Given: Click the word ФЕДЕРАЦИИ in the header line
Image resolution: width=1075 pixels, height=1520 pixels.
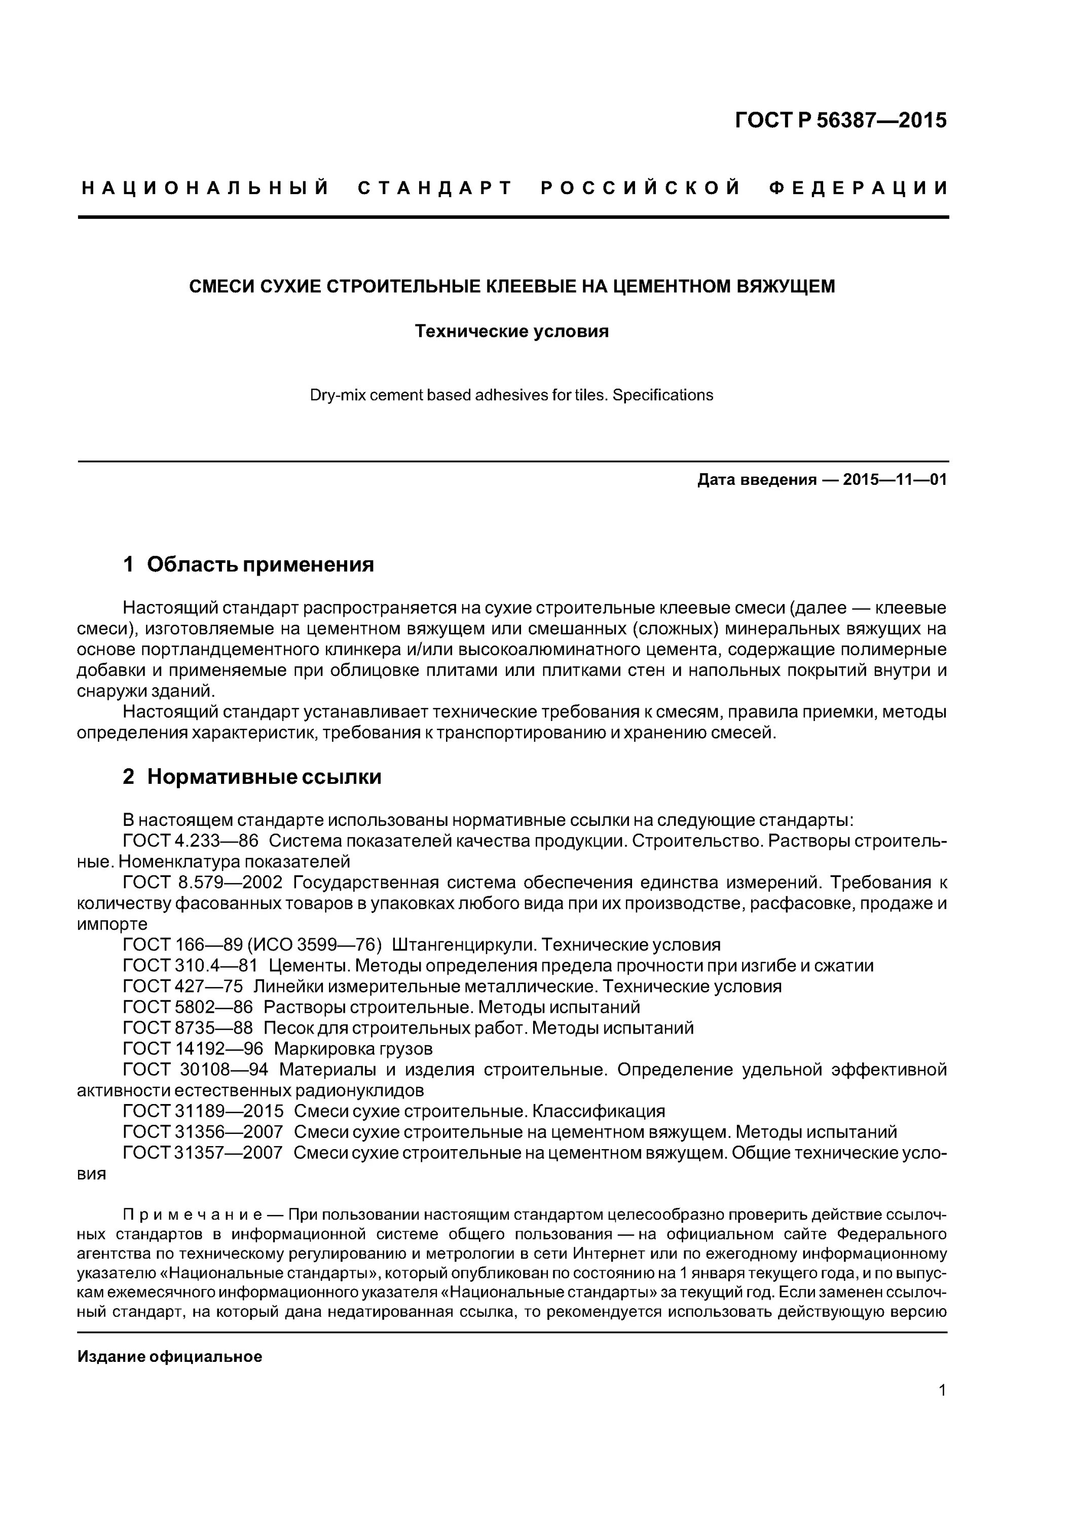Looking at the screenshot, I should click(x=859, y=188).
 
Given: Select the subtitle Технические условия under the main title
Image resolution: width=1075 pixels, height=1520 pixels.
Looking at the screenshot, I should click(x=511, y=331).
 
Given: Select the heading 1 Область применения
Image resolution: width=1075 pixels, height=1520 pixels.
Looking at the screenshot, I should click(x=248, y=564).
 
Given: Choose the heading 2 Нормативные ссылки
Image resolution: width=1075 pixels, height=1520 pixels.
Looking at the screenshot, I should click(x=252, y=777).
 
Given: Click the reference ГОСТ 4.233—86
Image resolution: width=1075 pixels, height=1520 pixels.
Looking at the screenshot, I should click(x=190, y=841).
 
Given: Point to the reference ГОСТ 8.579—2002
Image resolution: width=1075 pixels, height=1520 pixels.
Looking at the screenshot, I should click(x=203, y=883).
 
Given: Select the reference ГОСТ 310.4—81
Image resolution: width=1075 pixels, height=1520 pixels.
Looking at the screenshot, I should click(x=190, y=966).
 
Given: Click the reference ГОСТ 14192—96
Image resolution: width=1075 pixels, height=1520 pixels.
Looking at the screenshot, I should click(x=193, y=1049).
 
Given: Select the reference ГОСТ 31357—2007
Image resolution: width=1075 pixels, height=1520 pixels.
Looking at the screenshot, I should click(x=203, y=1153).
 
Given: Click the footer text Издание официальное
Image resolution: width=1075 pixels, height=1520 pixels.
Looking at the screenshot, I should click(x=170, y=1356).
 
